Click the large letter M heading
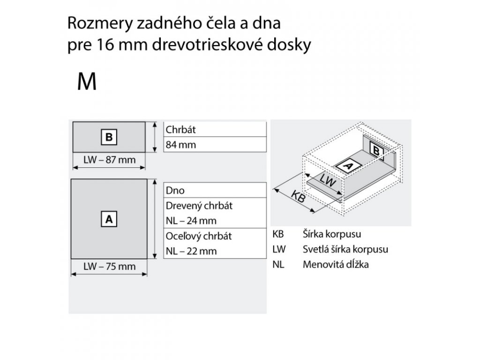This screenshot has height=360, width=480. (87, 82)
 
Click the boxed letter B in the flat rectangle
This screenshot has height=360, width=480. (109, 137)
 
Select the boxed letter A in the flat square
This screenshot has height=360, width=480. (109, 218)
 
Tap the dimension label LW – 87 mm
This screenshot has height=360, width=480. (109, 160)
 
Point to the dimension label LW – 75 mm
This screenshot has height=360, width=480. (109, 267)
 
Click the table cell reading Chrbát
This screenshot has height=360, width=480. (180, 129)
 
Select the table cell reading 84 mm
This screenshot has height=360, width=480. (180, 145)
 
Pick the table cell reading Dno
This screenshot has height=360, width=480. (175, 191)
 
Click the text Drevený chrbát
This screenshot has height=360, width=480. (199, 206)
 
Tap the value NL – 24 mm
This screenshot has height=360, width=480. (191, 220)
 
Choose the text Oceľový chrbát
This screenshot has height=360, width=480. (199, 236)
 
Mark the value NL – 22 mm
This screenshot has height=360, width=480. (191, 251)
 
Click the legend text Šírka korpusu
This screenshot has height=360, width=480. (332, 234)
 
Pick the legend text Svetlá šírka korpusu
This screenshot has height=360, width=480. (345, 249)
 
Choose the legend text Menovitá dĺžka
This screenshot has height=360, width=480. (336, 264)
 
